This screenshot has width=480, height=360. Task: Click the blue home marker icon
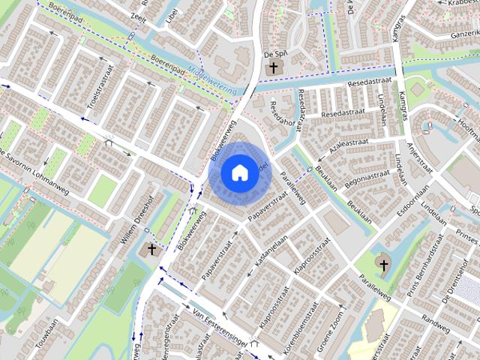point(239,172)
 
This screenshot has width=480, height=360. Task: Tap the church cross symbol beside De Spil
point(274,69)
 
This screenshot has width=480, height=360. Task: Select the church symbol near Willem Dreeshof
point(152,249)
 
